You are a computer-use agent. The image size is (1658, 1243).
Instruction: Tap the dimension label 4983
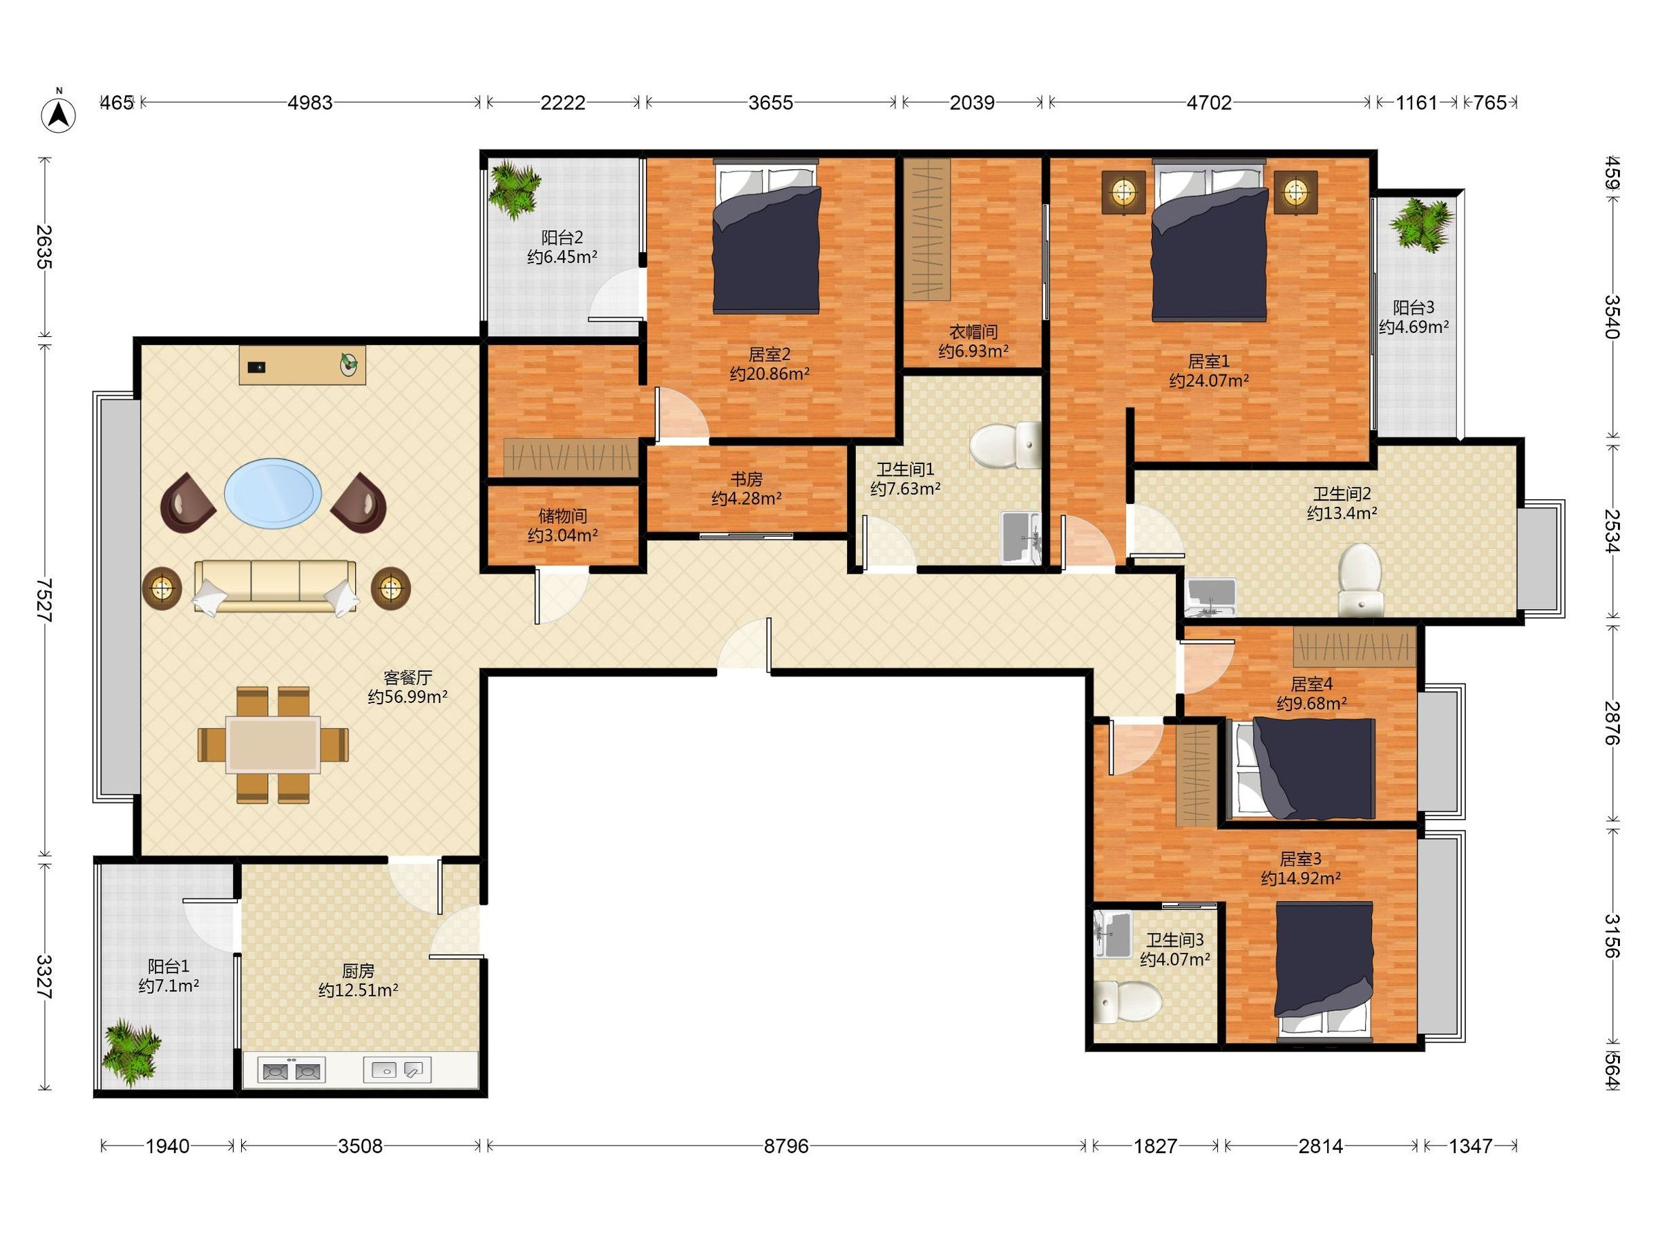[x=309, y=103]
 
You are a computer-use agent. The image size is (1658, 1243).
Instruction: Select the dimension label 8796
[x=786, y=1146]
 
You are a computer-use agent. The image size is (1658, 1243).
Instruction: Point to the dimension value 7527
[x=45, y=599]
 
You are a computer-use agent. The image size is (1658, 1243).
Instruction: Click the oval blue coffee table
[x=273, y=492]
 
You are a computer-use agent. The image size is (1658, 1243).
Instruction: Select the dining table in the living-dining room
[x=274, y=744]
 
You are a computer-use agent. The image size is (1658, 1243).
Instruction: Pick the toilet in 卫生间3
[x=1127, y=1002]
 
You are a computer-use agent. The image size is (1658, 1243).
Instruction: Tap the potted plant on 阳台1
[x=131, y=1054]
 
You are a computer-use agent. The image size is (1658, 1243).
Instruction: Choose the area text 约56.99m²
[x=408, y=697]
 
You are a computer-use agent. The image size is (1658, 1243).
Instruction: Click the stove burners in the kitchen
[x=291, y=1070]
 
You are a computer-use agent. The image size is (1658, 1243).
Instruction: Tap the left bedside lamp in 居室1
[x=1123, y=193]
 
